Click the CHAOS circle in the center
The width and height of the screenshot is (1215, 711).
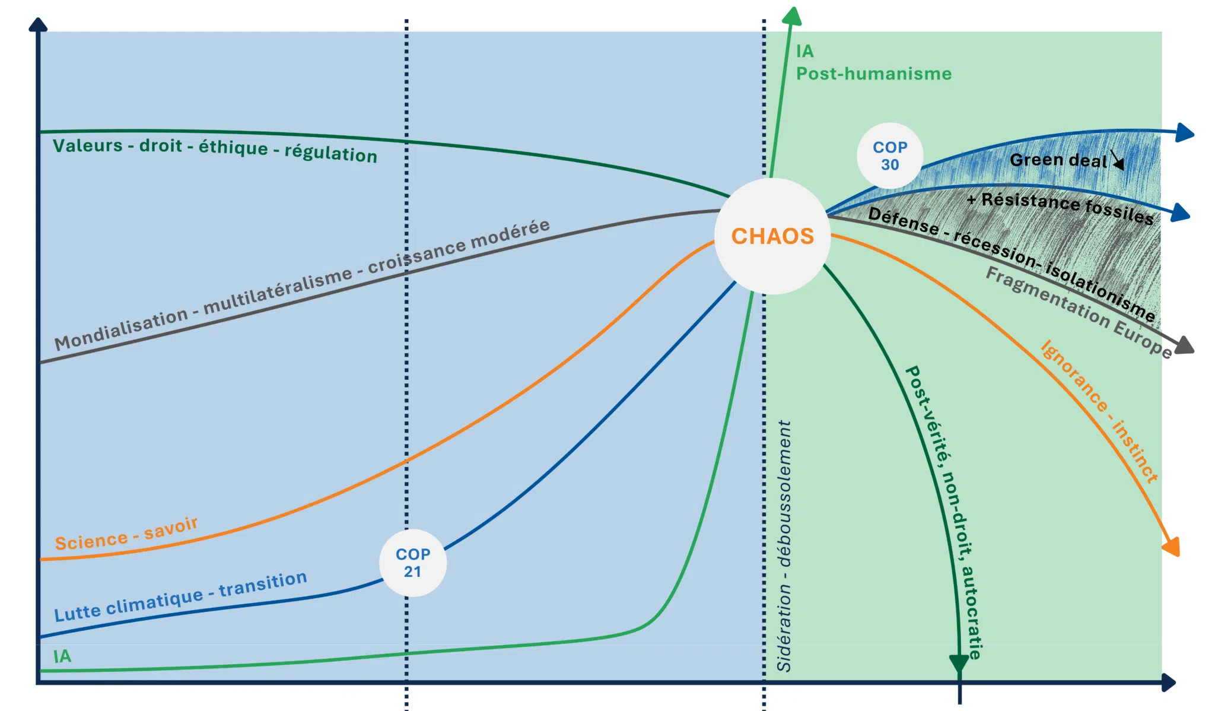pos(772,236)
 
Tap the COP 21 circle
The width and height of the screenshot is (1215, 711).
pos(413,563)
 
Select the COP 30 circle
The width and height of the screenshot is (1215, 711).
pos(890,155)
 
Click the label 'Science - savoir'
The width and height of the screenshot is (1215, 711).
pos(126,534)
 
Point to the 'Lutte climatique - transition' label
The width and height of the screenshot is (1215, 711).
pos(181,596)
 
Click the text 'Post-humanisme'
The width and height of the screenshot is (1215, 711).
pos(874,74)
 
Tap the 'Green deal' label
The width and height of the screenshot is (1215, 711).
pos(1058,160)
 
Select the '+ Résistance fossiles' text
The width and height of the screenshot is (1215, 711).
pos(1060,208)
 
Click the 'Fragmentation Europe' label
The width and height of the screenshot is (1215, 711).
pos(1079,312)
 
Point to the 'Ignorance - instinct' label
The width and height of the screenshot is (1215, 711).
pos(1099,411)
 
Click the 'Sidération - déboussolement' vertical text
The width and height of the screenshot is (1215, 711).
pos(784,546)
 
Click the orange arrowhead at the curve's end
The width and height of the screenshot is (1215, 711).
pos(1172,547)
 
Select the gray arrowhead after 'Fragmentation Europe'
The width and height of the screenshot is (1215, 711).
pos(1184,345)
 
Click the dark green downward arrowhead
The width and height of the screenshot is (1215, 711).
pos(959,664)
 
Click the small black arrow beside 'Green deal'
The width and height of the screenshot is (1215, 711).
pos(1118,160)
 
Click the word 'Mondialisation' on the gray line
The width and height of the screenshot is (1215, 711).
pos(120,330)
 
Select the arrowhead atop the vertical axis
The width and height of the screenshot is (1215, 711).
pos(38,24)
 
